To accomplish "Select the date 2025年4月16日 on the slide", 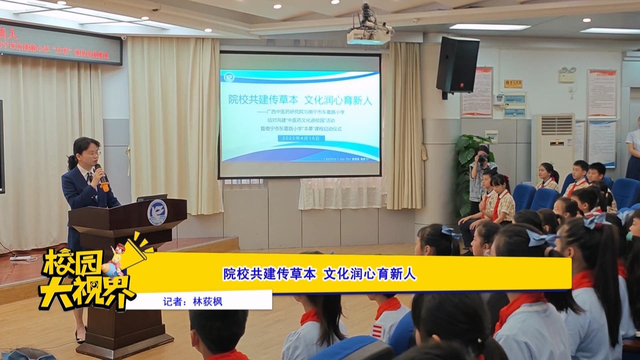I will tap(301, 138).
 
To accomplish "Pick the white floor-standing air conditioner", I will tap(553, 143).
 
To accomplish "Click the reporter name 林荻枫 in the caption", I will tap(208, 302).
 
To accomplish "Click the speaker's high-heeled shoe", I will tap(80, 337).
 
